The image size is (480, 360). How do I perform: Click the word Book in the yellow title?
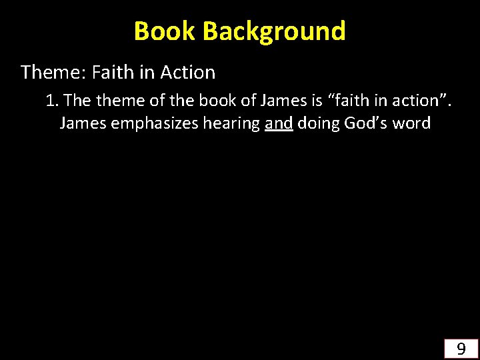click(165, 31)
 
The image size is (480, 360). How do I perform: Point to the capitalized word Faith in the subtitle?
click(114, 72)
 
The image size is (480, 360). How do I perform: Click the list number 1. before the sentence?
click(53, 101)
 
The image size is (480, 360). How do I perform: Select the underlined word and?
click(279, 123)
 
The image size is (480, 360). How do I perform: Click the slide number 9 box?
click(461, 348)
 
